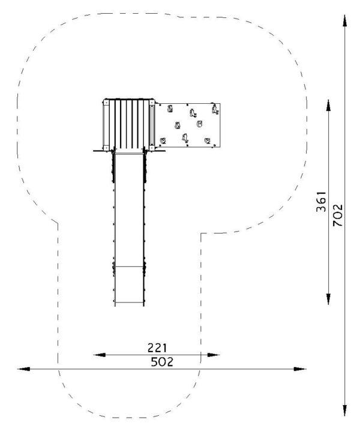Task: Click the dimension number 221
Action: [x=157, y=348]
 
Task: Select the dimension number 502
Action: [x=162, y=362]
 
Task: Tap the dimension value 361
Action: [x=322, y=202]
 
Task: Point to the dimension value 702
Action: [x=338, y=215]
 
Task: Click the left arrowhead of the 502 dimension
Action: [x=23, y=369]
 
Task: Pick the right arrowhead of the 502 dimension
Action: [x=300, y=369]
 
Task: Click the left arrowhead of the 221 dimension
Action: [x=100, y=355]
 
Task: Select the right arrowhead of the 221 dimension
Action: [x=214, y=355]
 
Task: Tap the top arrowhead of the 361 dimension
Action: [x=329, y=106]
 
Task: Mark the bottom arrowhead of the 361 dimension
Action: [x=329, y=299]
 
